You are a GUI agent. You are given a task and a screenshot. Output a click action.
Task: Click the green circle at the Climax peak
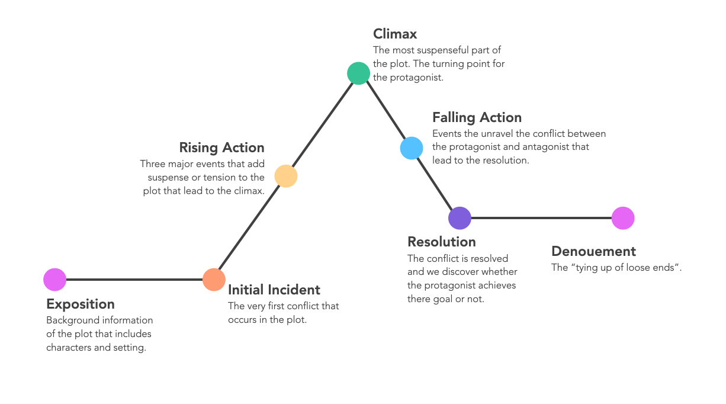click(358, 73)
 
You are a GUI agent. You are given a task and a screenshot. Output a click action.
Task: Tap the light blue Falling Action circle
click(412, 148)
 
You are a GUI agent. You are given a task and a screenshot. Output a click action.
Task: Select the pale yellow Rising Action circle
click(286, 176)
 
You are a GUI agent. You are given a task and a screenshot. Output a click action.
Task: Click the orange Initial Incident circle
click(214, 279)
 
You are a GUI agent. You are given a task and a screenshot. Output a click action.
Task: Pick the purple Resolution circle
click(460, 218)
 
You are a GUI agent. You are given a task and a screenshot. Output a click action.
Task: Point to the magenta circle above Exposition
click(55, 279)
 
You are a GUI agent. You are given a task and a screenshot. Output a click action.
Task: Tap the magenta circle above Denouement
click(623, 218)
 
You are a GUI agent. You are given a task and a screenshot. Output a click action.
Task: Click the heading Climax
click(396, 34)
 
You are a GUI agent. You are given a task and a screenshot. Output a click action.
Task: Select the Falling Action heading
click(477, 117)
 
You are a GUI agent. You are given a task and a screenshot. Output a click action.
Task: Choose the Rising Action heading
click(221, 148)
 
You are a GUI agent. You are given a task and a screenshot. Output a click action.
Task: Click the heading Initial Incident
click(274, 290)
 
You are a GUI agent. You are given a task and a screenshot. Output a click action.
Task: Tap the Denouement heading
click(593, 251)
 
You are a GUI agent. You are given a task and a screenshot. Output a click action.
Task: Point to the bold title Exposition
click(81, 304)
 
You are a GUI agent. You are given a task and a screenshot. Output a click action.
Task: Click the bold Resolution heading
click(442, 242)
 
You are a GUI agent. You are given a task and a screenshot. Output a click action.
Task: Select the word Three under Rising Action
click(153, 164)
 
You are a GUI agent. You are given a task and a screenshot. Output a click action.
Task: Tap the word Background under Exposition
click(71, 320)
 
